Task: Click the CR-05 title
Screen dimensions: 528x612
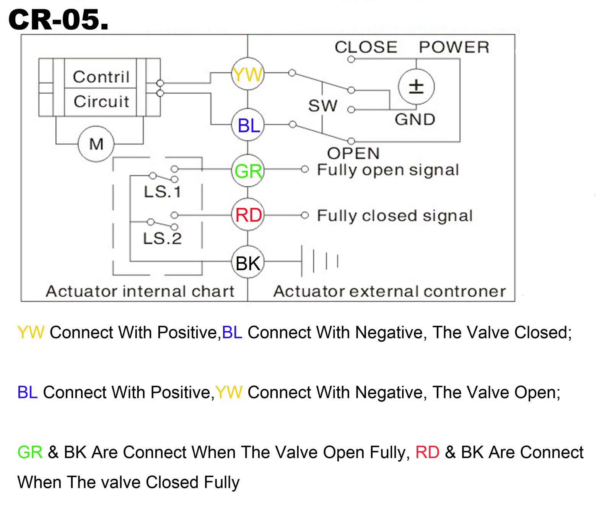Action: coord(58,20)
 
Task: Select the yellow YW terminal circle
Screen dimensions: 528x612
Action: coord(248,74)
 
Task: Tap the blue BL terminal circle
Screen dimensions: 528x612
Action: coord(248,125)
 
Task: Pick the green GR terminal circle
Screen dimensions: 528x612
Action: coord(248,171)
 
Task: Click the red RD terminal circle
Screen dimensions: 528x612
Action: coord(248,215)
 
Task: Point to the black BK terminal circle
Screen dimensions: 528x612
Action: coord(248,263)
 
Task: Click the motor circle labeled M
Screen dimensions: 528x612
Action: coord(96,144)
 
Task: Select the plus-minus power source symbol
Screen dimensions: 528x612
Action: coord(416,87)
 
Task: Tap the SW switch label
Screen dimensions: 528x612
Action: coord(323,106)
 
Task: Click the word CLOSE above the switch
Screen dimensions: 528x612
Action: coord(366,47)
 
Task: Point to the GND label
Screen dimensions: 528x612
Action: coord(415,119)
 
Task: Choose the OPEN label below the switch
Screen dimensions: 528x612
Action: coord(353,153)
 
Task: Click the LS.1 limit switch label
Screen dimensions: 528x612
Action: coord(162,192)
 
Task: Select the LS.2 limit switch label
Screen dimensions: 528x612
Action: coord(162,239)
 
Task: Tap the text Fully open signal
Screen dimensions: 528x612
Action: coord(388,170)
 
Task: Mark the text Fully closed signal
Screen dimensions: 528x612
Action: coord(395,216)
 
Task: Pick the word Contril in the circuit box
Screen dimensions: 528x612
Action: coord(101,77)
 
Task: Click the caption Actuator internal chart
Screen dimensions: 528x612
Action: coord(140,291)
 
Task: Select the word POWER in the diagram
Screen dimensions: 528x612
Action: coord(454,47)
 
